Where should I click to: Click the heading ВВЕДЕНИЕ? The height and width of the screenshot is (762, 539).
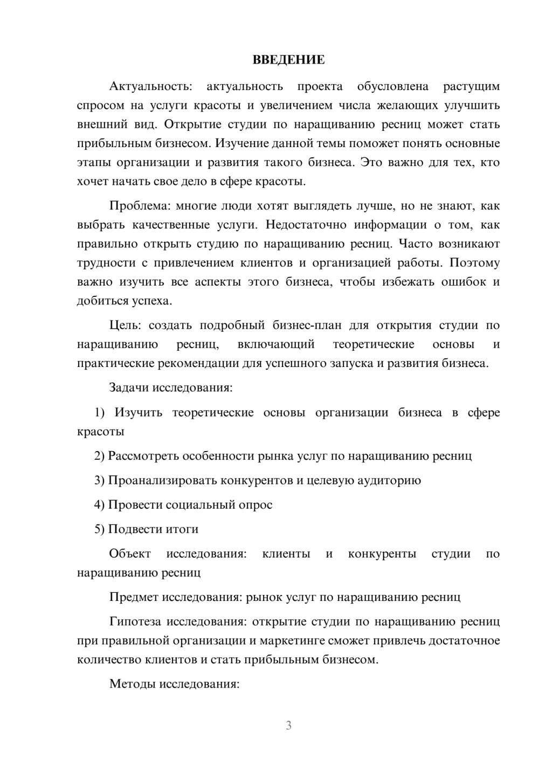pos(288,60)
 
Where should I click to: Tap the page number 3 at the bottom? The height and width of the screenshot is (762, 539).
pos(288,725)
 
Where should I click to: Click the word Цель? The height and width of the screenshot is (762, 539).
pos(125,325)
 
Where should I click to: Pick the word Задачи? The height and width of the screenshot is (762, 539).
pos(129,387)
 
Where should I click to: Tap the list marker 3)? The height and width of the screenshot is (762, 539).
pos(100,480)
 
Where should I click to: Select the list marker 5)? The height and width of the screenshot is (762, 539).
pos(100,529)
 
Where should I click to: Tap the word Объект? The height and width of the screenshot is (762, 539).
pos(130,554)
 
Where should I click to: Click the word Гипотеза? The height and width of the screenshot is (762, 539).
pos(135,622)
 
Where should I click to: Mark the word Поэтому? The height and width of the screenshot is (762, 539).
pos(474,263)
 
